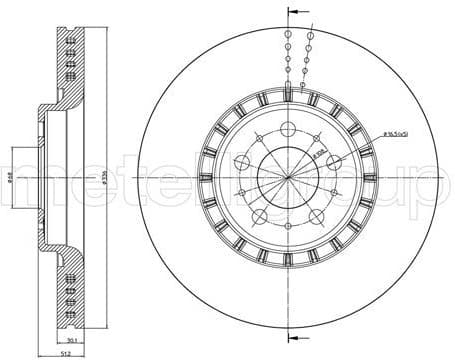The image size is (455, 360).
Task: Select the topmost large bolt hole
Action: click(287, 129)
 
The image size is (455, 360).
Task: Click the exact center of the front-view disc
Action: click(287, 180)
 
